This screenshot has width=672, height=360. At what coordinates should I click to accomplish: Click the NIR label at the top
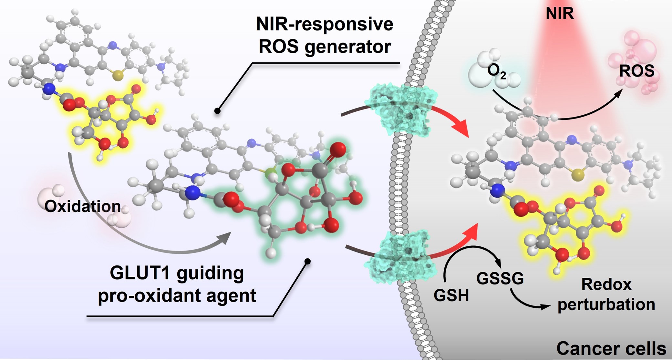pyautogui.click(x=560, y=14)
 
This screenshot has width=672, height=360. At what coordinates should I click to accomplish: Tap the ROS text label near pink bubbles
pyautogui.click(x=636, y=71)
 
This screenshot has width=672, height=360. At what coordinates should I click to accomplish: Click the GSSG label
pyautogui.click(x=500, y=278)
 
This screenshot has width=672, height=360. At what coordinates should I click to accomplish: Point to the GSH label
pyautogui.click(x=451, y=295)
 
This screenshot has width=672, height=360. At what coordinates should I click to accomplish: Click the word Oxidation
pyautogui.click(x=83, y=206)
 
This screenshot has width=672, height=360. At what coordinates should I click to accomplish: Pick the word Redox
pyautogui.click(x=606, y=284)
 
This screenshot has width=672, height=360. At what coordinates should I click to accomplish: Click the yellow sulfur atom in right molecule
pyautogui.click(x=578, y=176)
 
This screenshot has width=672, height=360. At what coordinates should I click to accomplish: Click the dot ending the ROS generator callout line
pyautogui.click(x=217, y=111)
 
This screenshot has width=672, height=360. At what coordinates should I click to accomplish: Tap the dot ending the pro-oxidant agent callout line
pyautogui.click(x=308, y=261)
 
